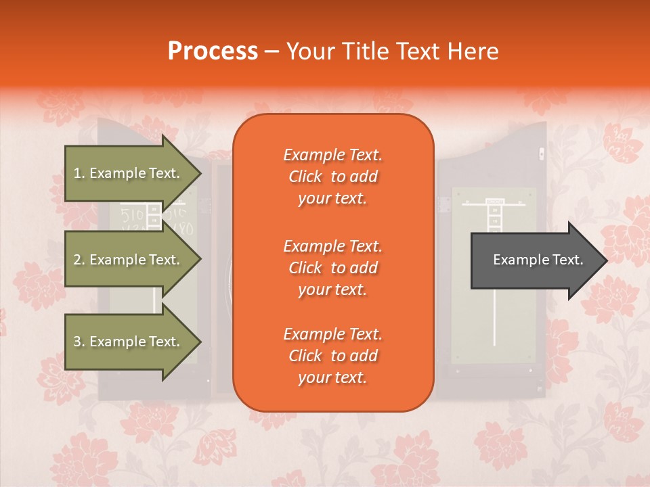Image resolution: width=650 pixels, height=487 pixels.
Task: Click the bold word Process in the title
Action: [x=213, y=51]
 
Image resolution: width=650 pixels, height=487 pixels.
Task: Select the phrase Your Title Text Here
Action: [x=392, y=51]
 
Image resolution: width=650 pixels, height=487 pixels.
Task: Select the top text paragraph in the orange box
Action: [x=332, y=177]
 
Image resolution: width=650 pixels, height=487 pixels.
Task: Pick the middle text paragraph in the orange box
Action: [x=332, y=268]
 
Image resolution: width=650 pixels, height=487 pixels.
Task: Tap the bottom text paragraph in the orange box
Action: [x=332, y=356]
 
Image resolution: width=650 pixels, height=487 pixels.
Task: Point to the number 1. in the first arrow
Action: [x=79, y=173]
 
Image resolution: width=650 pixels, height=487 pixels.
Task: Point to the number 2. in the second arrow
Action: [x=79, y=260]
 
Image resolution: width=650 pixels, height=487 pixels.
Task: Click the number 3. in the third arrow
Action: [x=79, y=342]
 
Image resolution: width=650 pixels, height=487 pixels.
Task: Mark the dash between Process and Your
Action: [x=272, y=51]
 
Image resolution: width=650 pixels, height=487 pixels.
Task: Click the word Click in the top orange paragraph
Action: [x=305, y=177]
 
